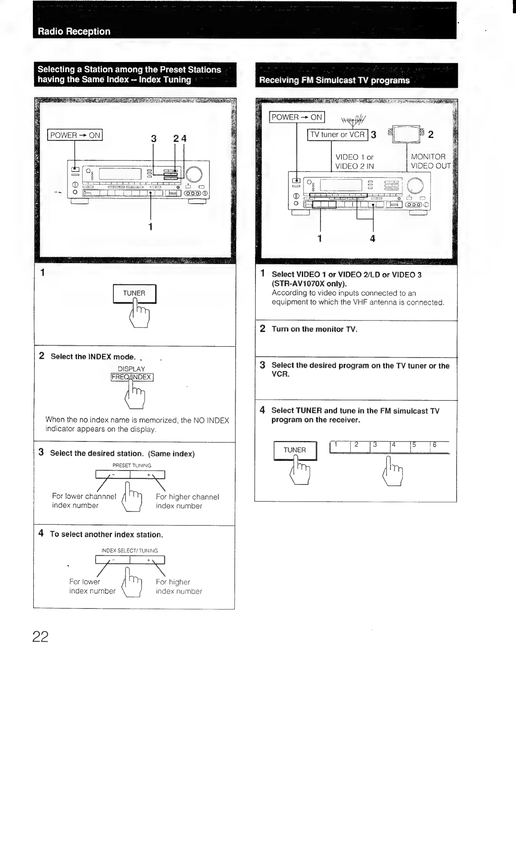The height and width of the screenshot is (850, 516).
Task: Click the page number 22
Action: point(40,636)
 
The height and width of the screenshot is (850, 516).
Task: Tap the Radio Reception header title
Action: point(74,31)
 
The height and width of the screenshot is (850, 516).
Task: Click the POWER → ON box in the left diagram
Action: point(75,135)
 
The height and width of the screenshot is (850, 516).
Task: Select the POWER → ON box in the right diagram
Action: point(297,117)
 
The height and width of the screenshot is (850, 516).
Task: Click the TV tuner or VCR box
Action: point(338,134)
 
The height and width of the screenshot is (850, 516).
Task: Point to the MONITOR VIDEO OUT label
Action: point(430,161)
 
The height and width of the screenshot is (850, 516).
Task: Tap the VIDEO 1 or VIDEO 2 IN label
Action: point(355,161)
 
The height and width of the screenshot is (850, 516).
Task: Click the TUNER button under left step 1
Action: point(134,293)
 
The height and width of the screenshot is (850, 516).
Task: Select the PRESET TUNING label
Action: point(132,465)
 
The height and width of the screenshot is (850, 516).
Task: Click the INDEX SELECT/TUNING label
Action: point(130,551)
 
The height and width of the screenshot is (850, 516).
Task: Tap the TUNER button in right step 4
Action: point(295,450)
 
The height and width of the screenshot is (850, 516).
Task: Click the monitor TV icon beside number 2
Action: point(406,134)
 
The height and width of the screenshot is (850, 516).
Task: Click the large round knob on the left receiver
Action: point(193,175)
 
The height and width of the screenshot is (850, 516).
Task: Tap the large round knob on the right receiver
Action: point(415,186)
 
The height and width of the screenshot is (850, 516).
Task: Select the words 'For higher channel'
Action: point(187,497)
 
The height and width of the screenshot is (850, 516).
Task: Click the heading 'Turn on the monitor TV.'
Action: point(314,329)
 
